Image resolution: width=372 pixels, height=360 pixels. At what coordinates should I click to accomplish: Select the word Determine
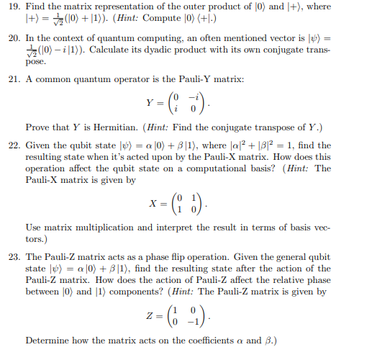(47, 340)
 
